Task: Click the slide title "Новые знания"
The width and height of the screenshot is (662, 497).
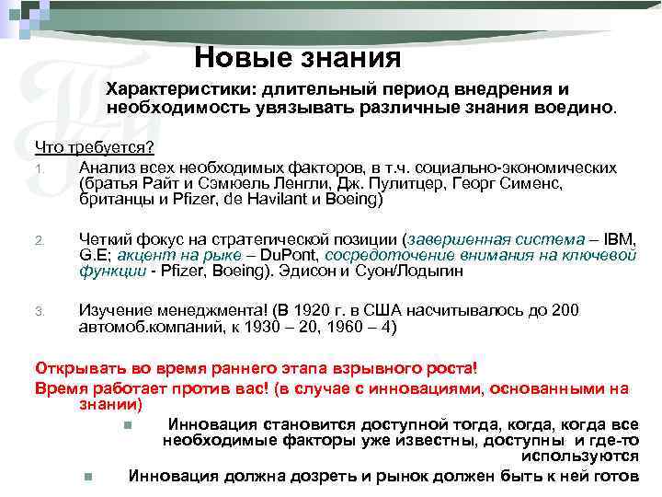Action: tap(298, 58)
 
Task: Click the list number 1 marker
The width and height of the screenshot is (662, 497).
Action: tap(39, 168)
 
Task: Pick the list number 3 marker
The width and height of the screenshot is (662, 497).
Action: tap(39, 311)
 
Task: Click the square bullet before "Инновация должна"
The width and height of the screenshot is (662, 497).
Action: tap(86, 476)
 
